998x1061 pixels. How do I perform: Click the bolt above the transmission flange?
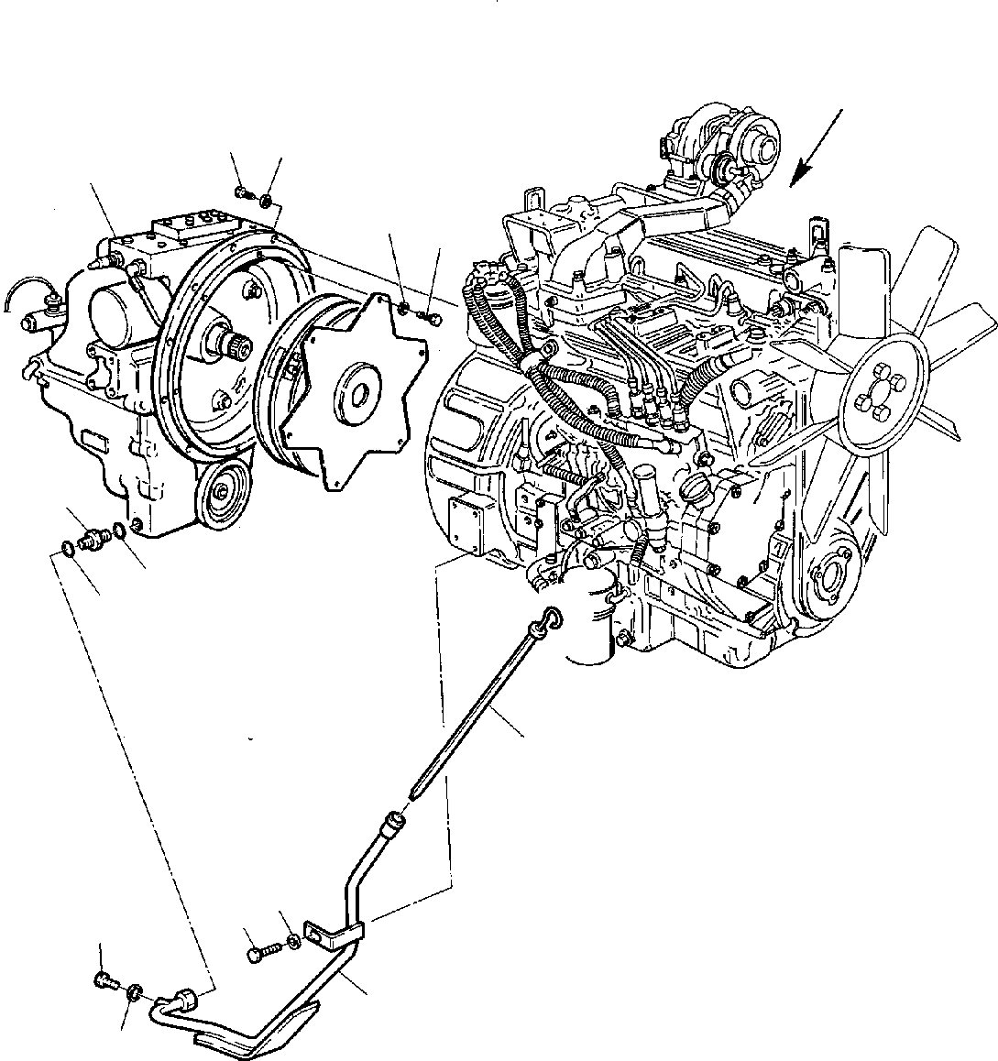pos(243,192)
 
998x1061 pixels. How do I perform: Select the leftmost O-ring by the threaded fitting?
pos(66,548)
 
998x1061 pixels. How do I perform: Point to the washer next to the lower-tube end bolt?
pos(134,990)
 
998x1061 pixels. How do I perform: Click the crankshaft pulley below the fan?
pos(832,578)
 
